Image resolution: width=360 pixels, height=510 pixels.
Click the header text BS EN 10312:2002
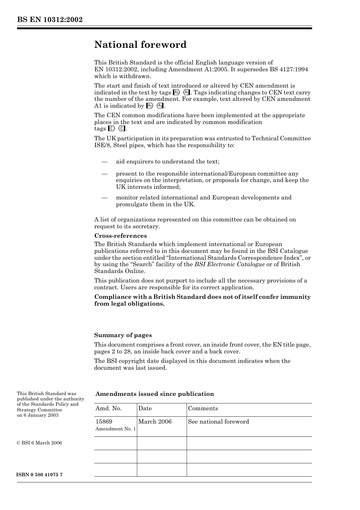[50, 20]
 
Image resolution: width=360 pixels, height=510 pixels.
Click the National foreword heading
[140, 45]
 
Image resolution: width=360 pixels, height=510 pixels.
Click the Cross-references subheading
[121, 236]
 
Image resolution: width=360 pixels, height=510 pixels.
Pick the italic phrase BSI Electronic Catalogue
[230, 264]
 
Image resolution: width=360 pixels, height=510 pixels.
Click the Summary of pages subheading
[123, 335]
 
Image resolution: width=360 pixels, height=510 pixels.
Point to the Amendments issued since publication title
[155, 394]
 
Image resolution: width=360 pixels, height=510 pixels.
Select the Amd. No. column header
[108, 408]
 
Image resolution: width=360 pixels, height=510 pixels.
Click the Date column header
[145, 408]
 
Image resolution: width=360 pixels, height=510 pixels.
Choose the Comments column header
[203, 408]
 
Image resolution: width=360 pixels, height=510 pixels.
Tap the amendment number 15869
[104, 422]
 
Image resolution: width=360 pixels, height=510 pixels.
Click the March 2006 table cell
[155, 422]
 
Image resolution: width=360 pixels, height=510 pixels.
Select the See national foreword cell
[219, 422]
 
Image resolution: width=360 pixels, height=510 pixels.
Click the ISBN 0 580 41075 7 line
[40, 475]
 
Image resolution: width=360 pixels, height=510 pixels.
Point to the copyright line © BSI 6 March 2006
[39, 443]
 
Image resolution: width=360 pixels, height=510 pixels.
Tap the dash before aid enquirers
[105, 162]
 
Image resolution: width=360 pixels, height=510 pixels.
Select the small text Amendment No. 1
[115, 429]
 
